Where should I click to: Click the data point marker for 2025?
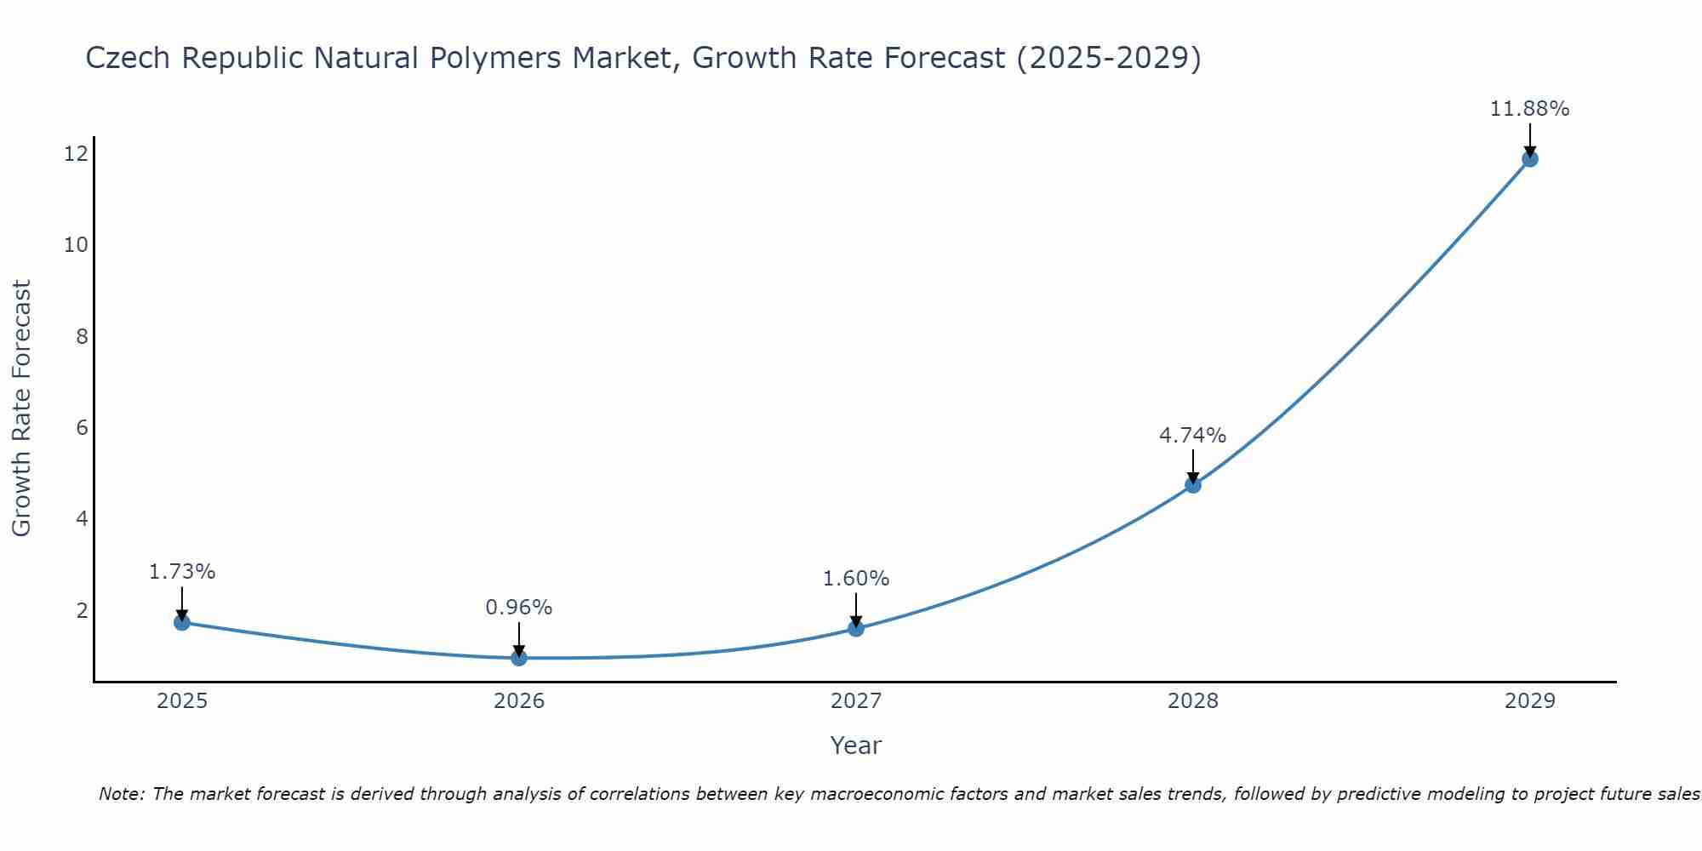point(182,622)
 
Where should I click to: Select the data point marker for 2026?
point(519,658)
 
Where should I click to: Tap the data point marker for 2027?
point(856,628)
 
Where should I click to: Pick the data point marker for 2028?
point(1193,485)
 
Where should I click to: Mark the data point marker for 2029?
point(1530,158)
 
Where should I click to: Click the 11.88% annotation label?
point(1529,109)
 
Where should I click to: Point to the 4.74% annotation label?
point(1192,436)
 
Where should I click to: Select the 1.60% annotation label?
point(855,579)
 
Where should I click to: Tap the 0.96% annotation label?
point(518,608)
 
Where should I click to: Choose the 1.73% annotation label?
point(182,572)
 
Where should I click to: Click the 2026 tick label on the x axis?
point(519,701)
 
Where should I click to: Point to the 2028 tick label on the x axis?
point(1193,701)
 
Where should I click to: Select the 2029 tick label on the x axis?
point(1530,701)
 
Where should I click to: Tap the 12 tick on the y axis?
point(76,154)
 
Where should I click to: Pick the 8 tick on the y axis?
point(82,336)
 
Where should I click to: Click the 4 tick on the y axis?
point(82,519)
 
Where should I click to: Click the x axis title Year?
point(855,745)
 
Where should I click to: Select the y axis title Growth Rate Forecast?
point(21,408)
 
